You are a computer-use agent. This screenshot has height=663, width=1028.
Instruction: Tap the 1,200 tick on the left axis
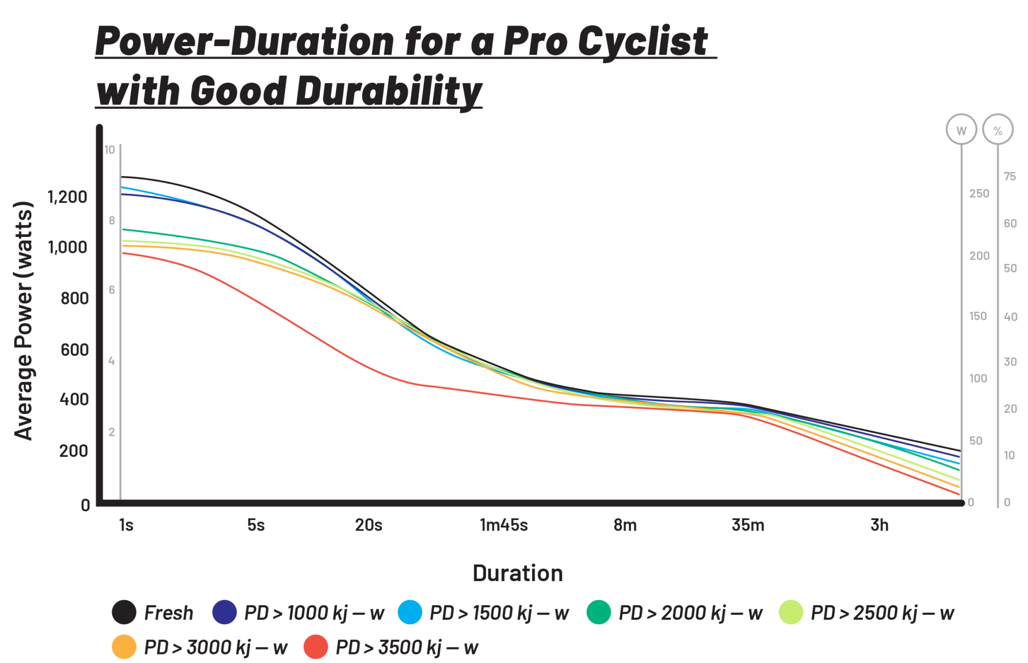click(x=67, y=197)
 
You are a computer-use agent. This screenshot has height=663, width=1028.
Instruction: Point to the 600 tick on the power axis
click(x=74, y=349)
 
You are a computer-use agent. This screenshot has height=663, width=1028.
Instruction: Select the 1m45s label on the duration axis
click(x=503, y=525)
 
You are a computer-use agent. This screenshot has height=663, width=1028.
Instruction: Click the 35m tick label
click(x=748, y=525)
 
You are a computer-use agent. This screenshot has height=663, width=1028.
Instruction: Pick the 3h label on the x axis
click(x=879, y=525)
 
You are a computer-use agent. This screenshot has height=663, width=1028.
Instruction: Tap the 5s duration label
click(x=255, y=525)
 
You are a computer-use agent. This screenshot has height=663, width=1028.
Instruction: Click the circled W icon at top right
click(x=961, y=130)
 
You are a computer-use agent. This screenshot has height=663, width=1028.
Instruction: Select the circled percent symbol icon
click(x=998, y=130)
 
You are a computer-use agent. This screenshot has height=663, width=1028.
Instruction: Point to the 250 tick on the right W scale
click(x=978, y=194)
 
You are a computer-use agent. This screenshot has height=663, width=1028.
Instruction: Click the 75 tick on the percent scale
click(x=1009, y=177)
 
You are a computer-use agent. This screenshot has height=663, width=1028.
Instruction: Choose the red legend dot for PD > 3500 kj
click(x=316, y=646)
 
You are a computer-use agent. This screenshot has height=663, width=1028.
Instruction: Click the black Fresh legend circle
click(x=124, y=612)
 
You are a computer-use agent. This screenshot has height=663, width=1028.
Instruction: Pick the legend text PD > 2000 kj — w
click(x=690, y=613)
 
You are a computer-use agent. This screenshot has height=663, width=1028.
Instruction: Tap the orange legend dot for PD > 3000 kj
click(x=124, y=646)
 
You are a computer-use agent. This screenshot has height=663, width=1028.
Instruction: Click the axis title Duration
click(x=518, y=573)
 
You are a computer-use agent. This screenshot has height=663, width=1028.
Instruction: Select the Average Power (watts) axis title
click(x=24, y=321)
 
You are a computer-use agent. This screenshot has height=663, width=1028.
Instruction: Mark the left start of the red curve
click(x=123, y=252)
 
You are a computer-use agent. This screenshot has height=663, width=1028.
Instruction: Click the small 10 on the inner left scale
click(x=109, y=150)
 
